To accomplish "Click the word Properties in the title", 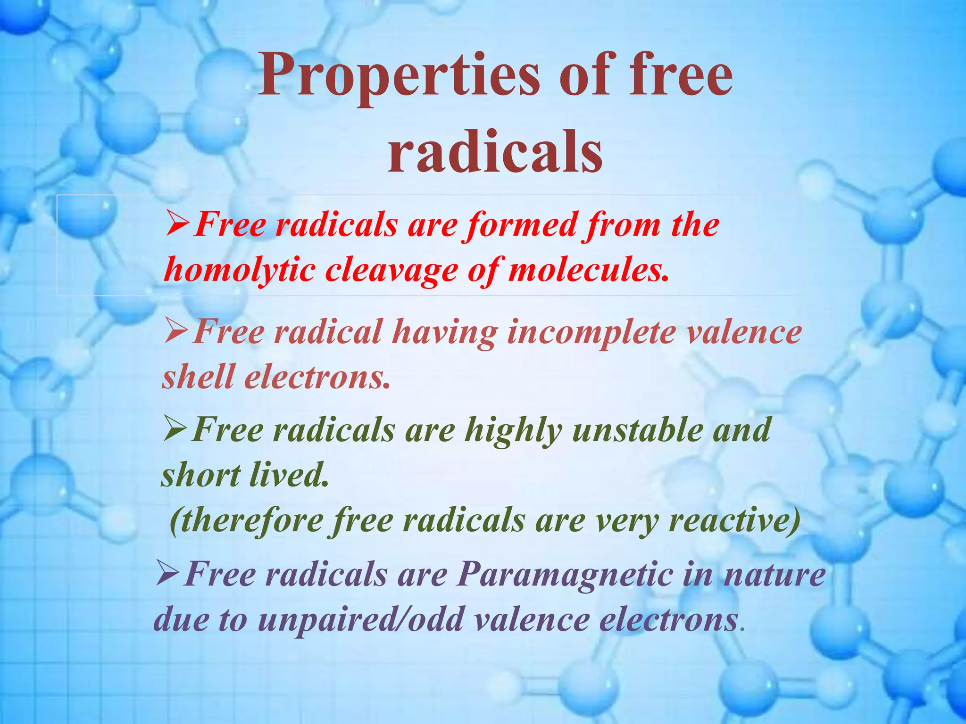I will point(398,75).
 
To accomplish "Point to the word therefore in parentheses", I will point(246,520).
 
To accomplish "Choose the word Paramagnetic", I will point(565,575).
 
